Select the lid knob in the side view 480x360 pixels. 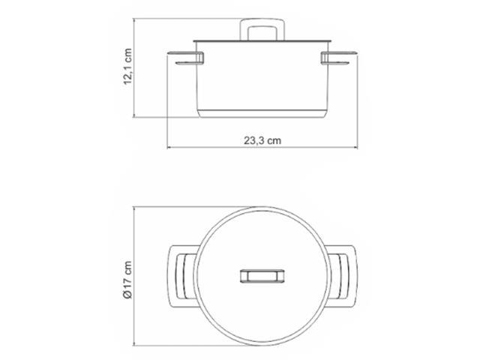tap(258, 31)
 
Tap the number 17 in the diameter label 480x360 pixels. tap(128, 284)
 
